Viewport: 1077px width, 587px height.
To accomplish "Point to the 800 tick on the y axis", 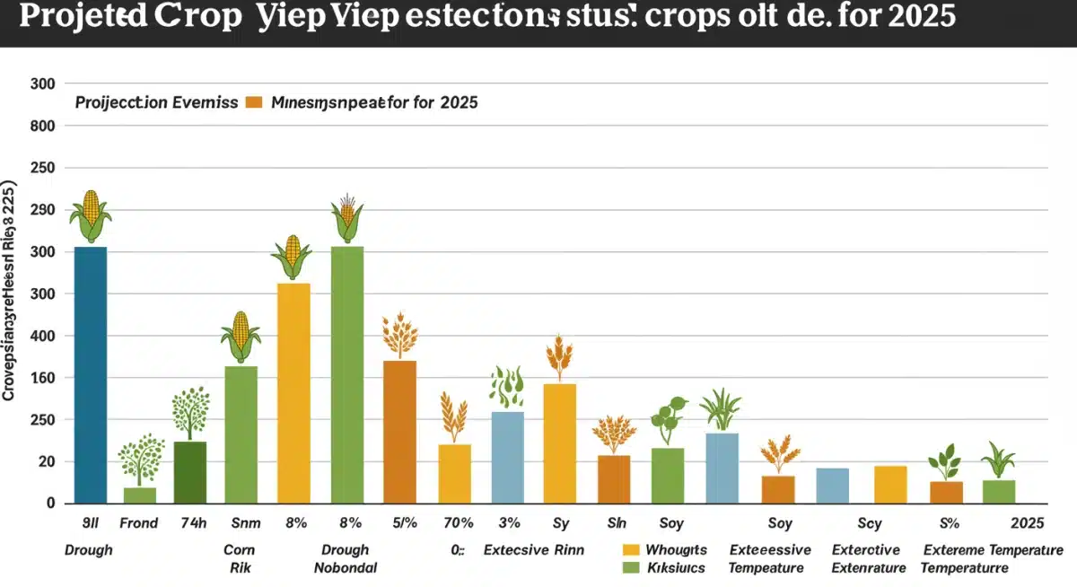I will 44,126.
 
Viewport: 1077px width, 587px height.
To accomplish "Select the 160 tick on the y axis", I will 44,378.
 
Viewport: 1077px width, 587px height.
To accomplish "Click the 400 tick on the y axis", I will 44,336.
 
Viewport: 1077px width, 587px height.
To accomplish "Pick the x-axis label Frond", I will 139,523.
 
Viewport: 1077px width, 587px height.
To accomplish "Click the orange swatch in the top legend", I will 253,102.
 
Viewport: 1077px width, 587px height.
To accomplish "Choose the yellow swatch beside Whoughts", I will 630,550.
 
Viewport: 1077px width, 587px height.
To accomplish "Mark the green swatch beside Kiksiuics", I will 630,567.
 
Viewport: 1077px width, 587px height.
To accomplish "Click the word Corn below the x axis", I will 240,550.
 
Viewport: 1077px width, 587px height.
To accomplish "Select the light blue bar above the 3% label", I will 508,457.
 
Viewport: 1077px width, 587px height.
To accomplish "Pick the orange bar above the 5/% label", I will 400,432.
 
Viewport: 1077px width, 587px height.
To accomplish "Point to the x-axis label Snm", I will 241,523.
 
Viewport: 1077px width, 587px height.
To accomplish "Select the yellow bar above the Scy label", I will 890,485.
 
